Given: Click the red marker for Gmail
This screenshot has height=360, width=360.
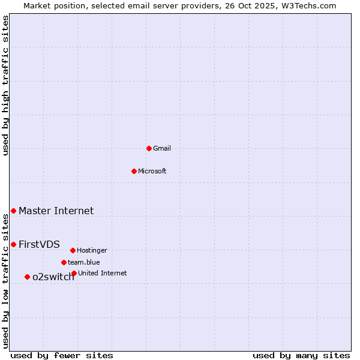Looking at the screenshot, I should coord(149,148).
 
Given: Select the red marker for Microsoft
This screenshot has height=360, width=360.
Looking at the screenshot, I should coord(134,171).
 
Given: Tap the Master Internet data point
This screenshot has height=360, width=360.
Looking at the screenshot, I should coord(13,211).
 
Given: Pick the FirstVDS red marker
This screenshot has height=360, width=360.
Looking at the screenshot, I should coord(13,244).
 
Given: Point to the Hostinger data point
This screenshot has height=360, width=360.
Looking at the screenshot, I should coord(73,250).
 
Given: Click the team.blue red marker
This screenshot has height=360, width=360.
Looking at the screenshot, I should coord(64,262).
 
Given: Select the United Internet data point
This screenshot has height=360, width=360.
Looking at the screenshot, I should coord(74,273).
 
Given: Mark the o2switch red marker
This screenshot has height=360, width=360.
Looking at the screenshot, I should coord(27,277).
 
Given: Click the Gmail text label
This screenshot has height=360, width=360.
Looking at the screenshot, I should coord(162,148).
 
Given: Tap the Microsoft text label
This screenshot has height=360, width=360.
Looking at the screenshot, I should coord(152,171).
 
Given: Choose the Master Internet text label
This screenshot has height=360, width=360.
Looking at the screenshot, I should coord(56,211).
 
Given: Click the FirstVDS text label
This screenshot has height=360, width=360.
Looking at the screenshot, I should coord(39,244).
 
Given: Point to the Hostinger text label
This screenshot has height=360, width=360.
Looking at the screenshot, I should coord(92,250).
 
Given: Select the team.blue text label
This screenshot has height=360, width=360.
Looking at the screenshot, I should coord(84,262).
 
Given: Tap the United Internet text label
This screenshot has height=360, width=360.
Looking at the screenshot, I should coord(103,273).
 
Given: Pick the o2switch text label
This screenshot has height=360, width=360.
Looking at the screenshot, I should coord(53,277).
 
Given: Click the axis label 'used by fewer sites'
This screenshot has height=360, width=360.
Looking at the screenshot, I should coord(62,355).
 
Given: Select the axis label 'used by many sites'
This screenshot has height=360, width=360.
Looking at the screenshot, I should coord(301,355).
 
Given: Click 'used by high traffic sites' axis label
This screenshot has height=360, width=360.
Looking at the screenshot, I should coord(5,85).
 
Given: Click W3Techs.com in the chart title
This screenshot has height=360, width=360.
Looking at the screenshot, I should coord(311,5).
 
